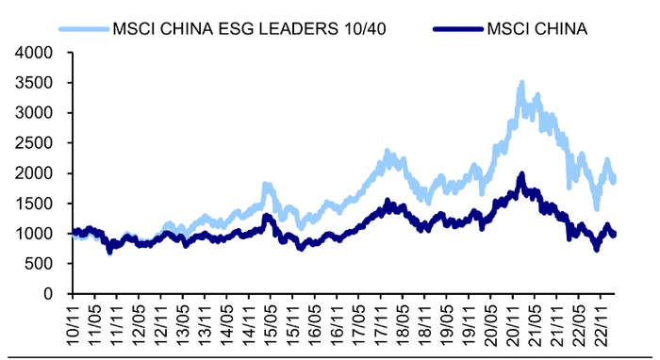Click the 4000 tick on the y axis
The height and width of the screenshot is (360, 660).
(35, 53)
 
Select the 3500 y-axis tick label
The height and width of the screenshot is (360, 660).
(35, 83)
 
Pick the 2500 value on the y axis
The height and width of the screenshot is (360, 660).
(35, 143)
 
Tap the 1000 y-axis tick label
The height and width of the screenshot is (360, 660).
(35, 234)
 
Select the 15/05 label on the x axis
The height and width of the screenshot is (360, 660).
(271, 320)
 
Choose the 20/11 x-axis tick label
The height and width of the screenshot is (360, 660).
(512, 320)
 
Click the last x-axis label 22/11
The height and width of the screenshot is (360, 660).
(600, 320)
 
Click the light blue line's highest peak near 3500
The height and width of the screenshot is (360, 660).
(521, 84)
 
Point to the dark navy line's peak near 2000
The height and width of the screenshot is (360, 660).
(521, 174)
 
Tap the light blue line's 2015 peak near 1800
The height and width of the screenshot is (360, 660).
(267, 185)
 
